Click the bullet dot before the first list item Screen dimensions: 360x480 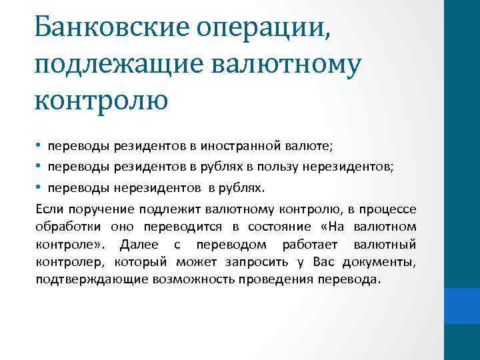39,147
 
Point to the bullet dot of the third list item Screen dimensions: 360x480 39,184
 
